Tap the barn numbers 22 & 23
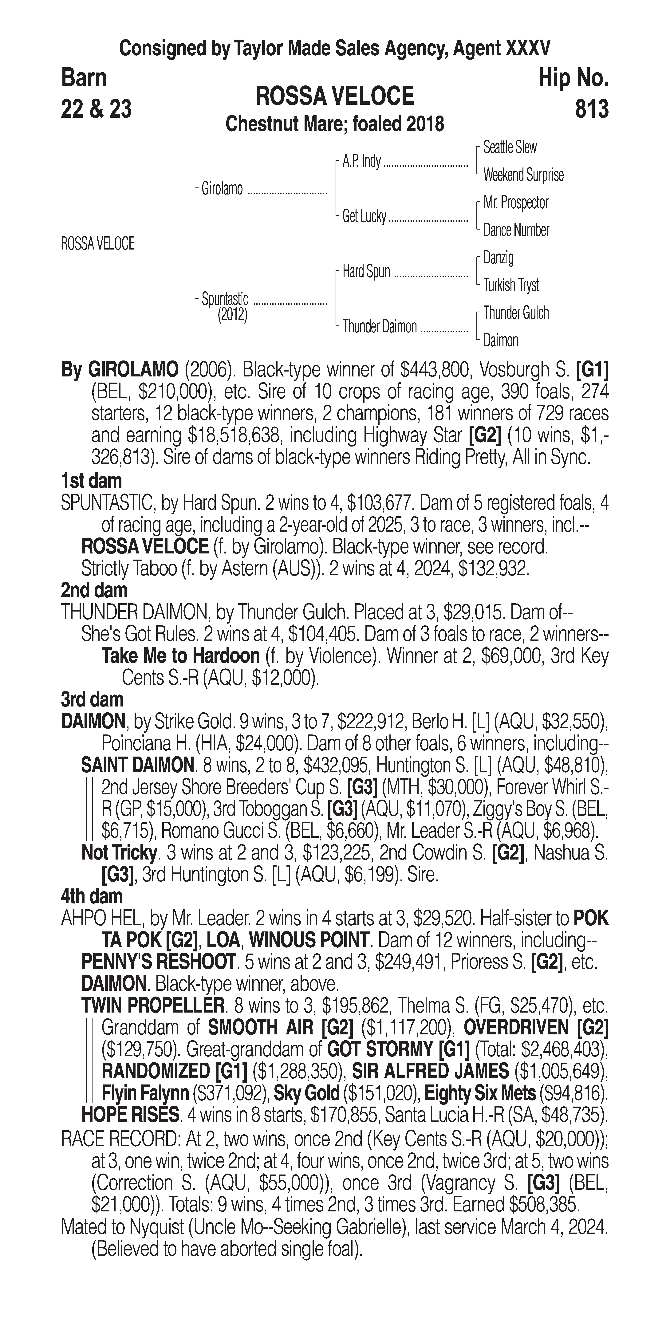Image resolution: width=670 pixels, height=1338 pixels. [x=96, y=109]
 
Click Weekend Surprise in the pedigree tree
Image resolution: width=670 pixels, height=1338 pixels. [x=523, y=175]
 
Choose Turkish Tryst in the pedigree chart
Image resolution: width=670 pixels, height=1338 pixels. [x=511, y=285]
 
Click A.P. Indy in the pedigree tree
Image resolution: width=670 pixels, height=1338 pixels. [x=361, y=161]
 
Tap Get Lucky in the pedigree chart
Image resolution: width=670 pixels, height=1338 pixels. [x=364, y=216]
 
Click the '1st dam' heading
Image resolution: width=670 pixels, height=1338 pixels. [x=91, y=481]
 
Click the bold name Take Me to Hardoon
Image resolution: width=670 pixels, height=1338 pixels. [x=180, y=656]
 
